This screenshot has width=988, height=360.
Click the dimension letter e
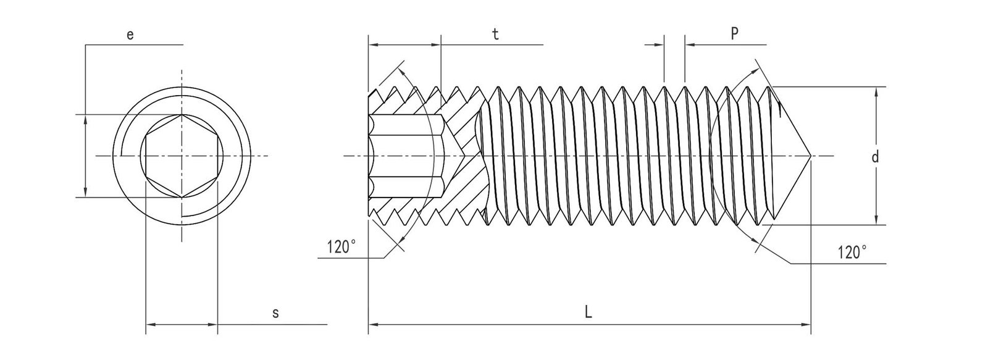pos(130,35)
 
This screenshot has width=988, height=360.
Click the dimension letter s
pos(275,314)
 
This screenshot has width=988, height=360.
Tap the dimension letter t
pos(495,35)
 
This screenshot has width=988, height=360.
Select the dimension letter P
pos(734,34)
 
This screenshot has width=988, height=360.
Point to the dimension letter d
pos(874,157)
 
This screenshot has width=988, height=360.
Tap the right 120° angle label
pos(852,253)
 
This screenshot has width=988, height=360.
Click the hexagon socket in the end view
pos(182,156)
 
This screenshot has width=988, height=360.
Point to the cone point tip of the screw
pos(810,156)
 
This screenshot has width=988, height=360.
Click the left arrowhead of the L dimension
pos(372,324)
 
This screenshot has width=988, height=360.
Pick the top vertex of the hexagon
pos(182,115)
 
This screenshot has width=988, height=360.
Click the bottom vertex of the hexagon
pos(182,198)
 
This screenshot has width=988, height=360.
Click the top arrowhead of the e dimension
pos(85,119)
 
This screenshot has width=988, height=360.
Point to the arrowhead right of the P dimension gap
pos(689,44)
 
